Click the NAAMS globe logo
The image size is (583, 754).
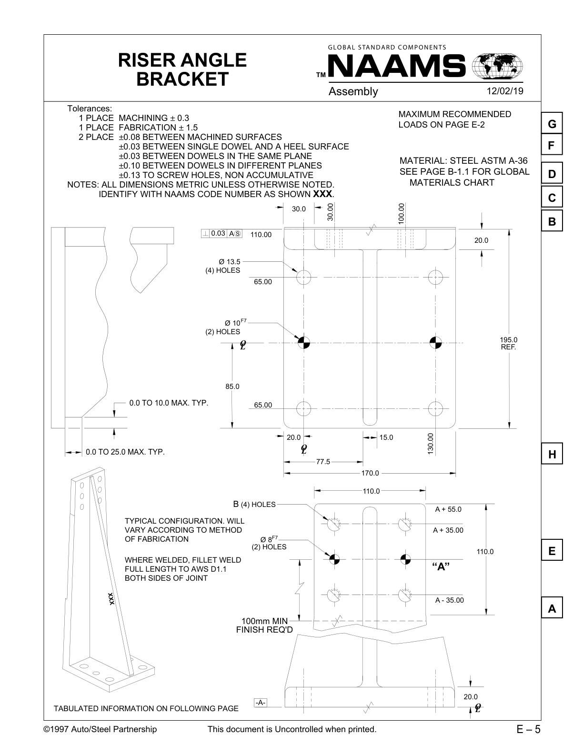pos(497,66)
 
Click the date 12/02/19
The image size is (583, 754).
pos(504,91)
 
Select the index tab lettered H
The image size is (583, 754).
pos(552,454)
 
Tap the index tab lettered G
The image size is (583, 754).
pos(552,124)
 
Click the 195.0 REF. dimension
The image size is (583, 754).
pos(508,343)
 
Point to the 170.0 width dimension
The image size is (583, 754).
pos(370,473)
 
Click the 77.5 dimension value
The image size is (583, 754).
pos(323,462)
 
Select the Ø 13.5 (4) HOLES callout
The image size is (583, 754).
pos(223,266)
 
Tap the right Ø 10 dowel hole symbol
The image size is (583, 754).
pos(435,342)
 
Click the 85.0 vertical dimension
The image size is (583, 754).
pos(232,387)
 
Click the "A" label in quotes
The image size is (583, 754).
pos(441,566)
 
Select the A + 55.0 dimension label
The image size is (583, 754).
pos(448,509)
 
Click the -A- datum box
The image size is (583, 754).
pos(260,703)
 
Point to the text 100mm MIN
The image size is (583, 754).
pos(264,621)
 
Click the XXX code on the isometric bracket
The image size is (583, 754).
pos(111,599)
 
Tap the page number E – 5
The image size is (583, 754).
pos(528,729)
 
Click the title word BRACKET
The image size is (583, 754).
pos(182,79)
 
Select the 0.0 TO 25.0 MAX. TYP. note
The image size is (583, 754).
pos(125,452)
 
